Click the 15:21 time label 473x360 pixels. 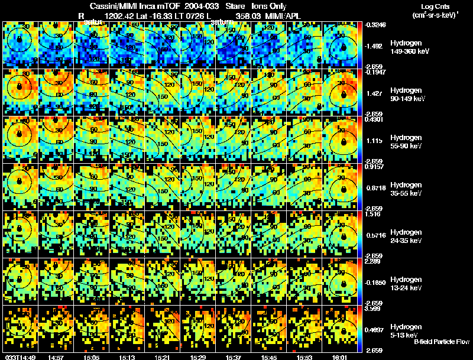point(161,357)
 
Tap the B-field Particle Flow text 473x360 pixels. point(441,342)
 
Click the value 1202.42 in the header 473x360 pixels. point(118,16)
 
